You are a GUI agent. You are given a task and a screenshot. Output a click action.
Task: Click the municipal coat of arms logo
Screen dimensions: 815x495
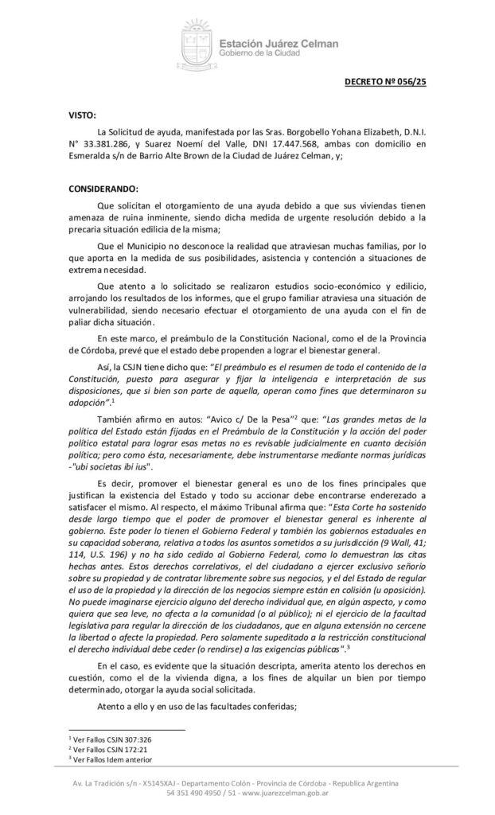(193, 45)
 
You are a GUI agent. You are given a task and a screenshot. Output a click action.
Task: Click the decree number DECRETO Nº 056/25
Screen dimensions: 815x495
(385, 81)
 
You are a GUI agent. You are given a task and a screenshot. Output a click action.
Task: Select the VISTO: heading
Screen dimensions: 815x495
(82, 115)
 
